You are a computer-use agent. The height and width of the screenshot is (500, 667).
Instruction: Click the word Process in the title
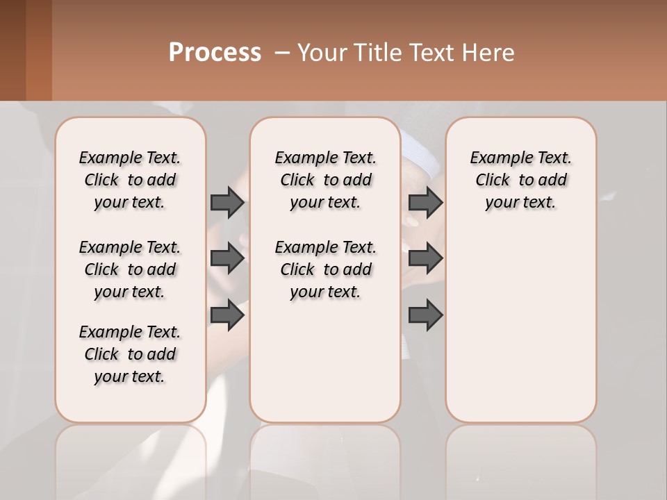[x=215, y=53]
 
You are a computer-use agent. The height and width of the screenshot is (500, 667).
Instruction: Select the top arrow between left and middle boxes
[x=227, y=202]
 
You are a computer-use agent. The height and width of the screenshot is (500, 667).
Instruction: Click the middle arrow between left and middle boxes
[x=227, y=259]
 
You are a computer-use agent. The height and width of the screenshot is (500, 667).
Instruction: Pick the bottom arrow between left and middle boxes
[x=227, y=315]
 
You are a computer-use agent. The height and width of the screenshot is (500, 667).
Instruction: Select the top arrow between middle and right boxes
[x=425, y=202]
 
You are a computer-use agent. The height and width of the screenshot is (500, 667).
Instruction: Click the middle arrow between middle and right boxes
[x=425, y=259]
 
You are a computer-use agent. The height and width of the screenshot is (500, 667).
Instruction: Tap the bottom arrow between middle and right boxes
[x=425, y=315]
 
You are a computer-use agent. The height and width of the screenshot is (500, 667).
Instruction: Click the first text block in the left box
[x=130, y=180]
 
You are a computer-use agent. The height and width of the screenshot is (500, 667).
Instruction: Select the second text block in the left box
[x=130, y=269]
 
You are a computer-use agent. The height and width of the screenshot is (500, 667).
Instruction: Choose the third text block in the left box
[x=130, y=354]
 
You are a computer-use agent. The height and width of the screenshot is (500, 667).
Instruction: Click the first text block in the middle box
[x=325, y=180]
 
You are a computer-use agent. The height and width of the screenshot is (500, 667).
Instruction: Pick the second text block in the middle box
[x=325, y=269]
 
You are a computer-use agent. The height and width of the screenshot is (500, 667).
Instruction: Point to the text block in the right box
[x=520, y=180]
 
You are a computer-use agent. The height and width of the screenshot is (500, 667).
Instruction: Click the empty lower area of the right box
[x=520, y=326]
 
